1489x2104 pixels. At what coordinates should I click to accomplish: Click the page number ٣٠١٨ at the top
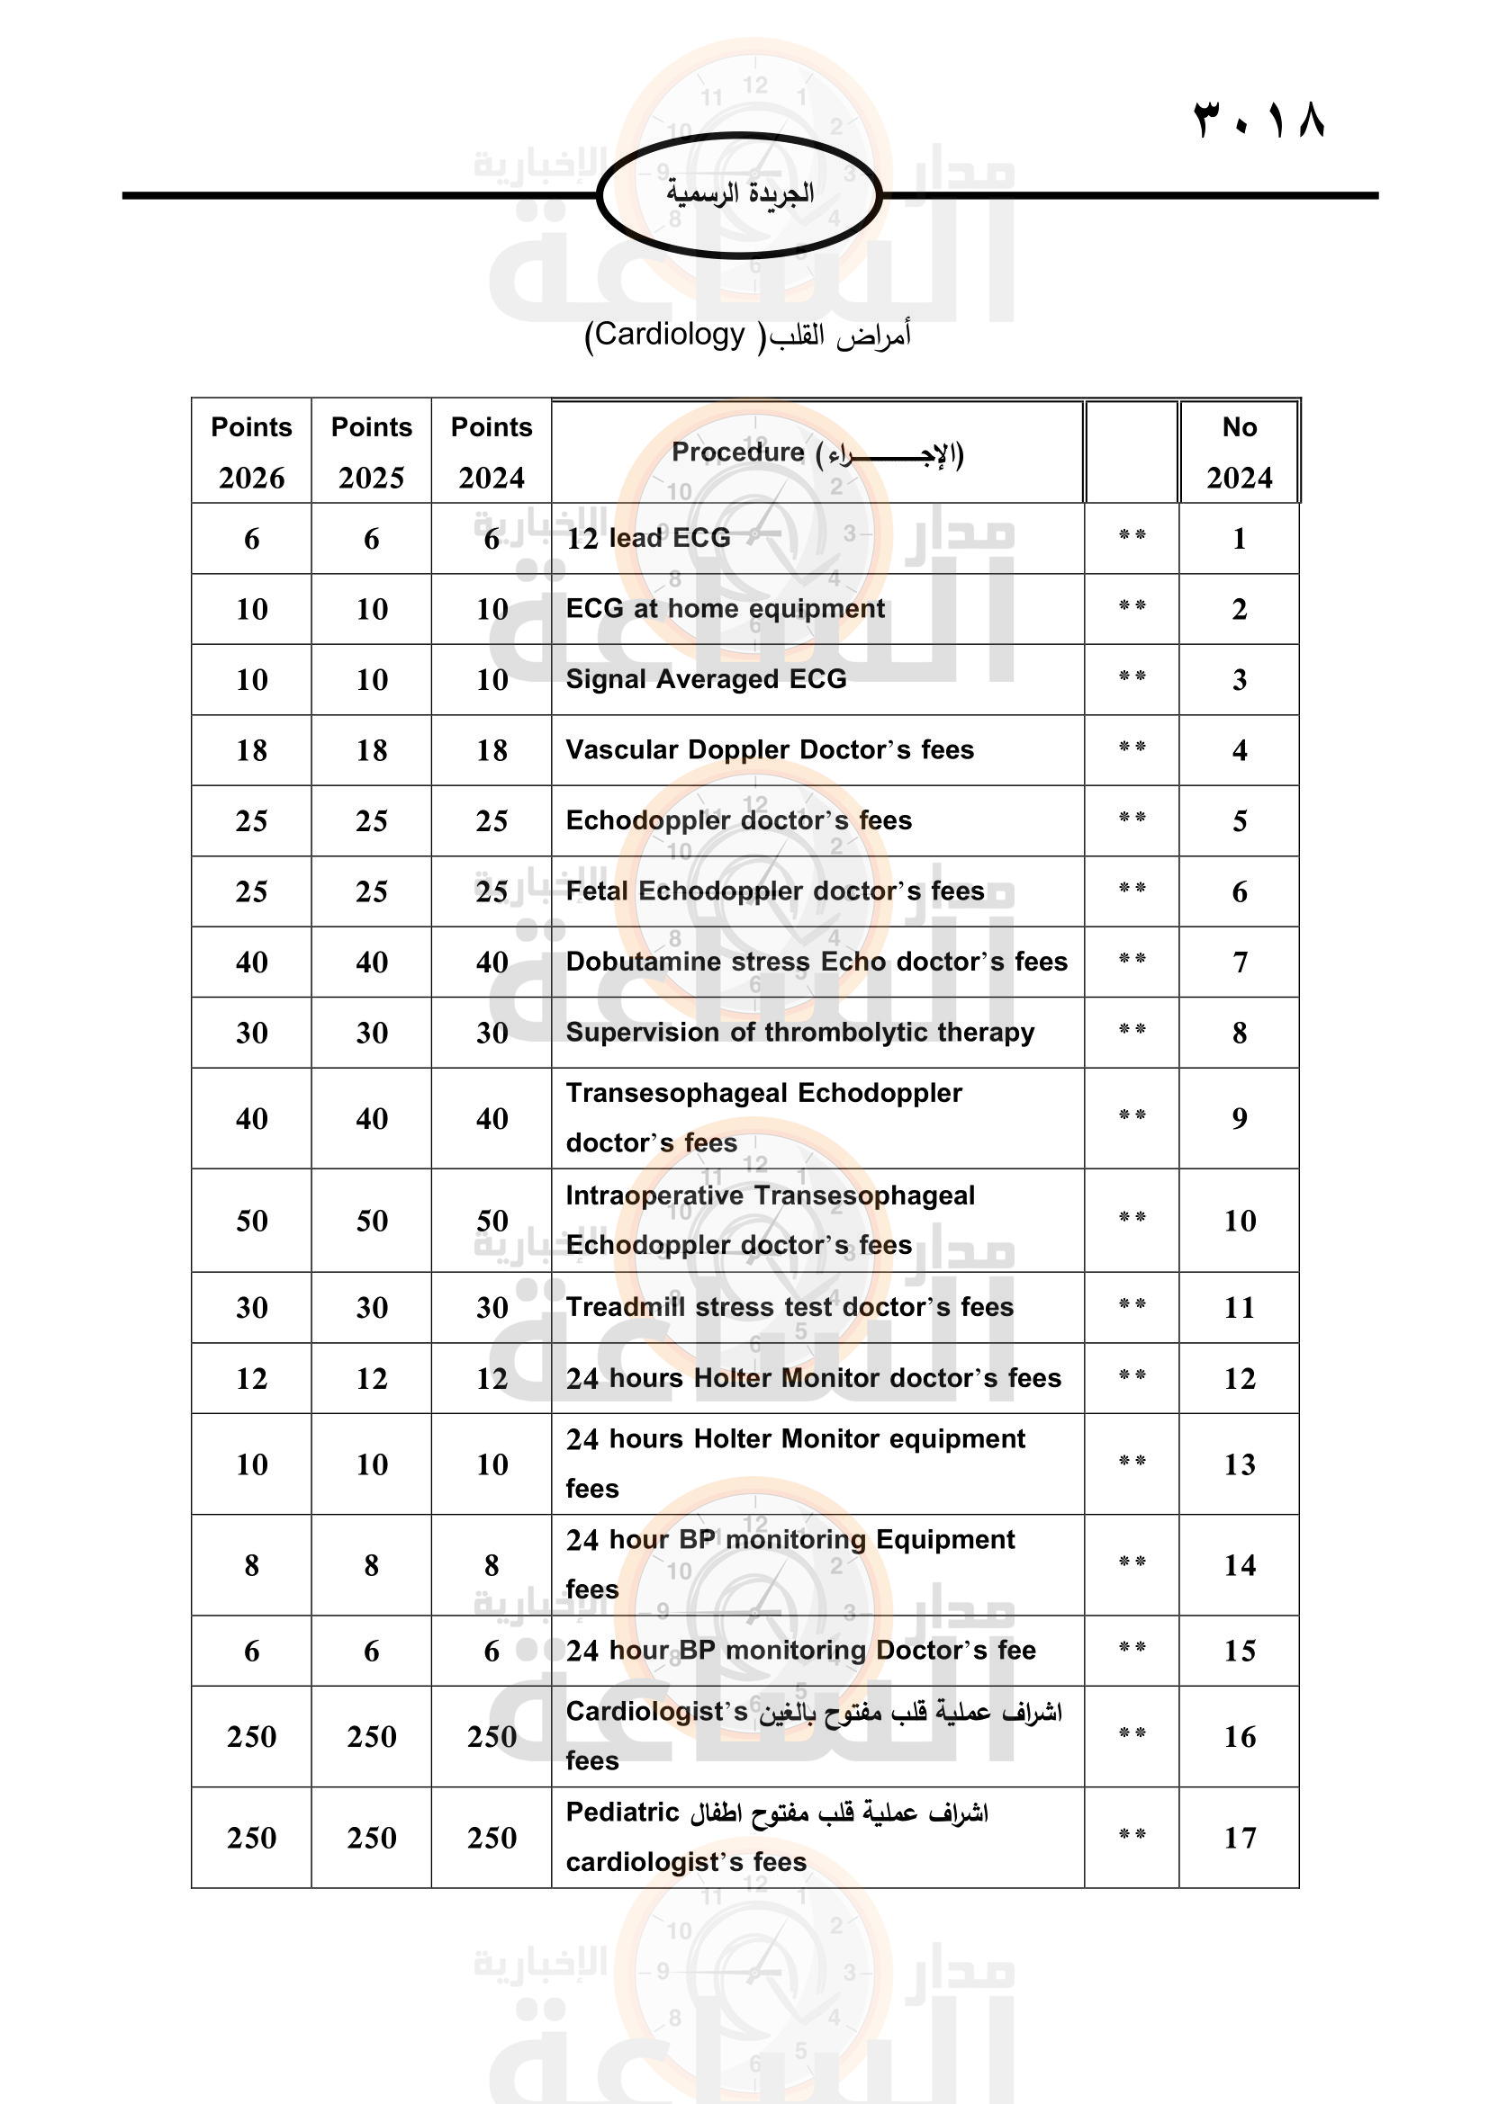(x=1259, y=119)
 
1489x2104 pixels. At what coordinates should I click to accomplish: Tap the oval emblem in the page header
(x=739, y=194)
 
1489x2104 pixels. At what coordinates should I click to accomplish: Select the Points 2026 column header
(x=251, y=451)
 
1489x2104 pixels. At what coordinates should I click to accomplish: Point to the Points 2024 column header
(x=492, y=451)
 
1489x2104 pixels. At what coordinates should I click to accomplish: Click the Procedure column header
(x=817, y=452)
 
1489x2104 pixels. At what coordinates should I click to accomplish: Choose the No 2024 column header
(x=1239, y=451)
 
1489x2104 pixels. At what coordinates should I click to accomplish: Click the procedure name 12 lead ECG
(x=648, y=538)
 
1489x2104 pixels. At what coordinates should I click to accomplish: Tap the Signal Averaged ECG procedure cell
(x=706, y=679)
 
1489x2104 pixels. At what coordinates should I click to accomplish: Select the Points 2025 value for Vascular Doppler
(x=371, y=750)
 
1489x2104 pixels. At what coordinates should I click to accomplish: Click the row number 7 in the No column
(x=1240, y=962)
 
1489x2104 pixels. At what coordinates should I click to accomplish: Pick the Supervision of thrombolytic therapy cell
(x=799, y=1033)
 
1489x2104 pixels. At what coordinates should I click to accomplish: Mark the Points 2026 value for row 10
(x=251, y=1221)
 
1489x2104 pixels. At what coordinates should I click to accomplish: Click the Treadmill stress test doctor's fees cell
(x=790, y=1307)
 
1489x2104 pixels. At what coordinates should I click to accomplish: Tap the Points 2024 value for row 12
(x=492, y=1378)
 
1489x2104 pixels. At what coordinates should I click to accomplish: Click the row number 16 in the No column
(x=1240, y=1736)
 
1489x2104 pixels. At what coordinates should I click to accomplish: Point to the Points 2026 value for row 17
(x=251, y=1838)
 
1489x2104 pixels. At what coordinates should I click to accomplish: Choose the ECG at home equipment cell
(x=726, y=608)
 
